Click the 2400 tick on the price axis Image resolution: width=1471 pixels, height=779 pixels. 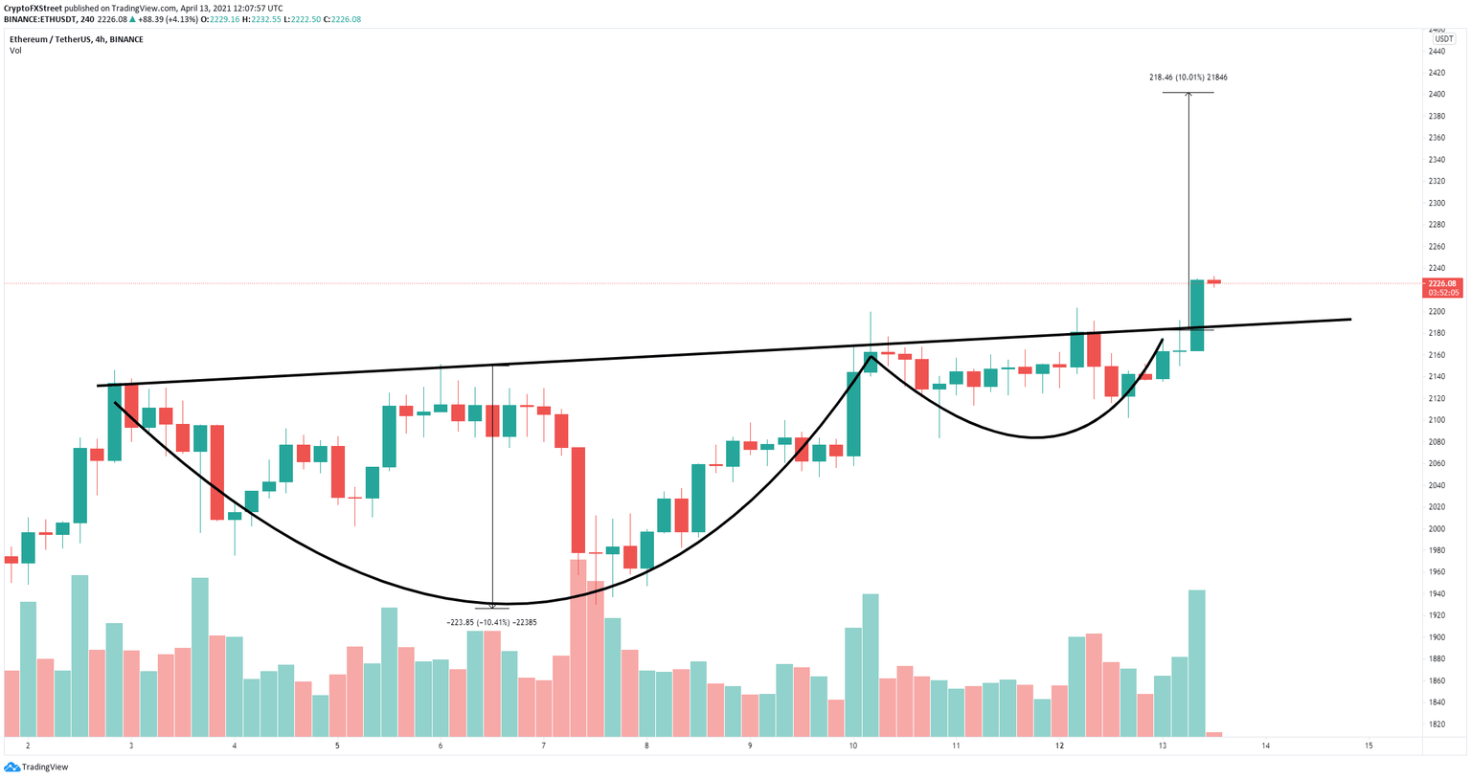1437,94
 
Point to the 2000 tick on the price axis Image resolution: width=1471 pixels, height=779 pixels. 1437,528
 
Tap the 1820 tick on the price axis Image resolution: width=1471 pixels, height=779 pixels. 1437,724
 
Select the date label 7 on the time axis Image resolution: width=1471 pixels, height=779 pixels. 543,746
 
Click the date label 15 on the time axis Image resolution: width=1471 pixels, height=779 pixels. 1369,746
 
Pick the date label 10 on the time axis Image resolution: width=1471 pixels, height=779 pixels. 852,746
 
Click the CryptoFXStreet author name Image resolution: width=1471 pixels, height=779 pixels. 33,9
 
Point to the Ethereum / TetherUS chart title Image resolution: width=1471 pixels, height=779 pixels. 77,39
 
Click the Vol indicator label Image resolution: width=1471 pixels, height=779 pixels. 15,51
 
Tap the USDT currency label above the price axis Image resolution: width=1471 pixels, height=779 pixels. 1443,39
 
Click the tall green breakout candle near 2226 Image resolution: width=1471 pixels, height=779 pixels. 1196,315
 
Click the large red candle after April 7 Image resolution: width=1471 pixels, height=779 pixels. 578,500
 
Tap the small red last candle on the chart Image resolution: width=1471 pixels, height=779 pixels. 1213,281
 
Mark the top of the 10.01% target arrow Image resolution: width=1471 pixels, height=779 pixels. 1188,93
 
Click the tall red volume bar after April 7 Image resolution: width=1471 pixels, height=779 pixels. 578,647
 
